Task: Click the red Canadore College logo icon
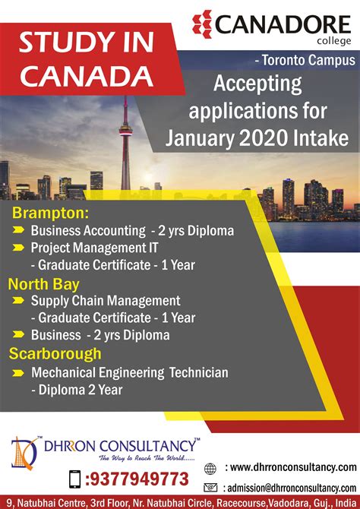click(202, 24)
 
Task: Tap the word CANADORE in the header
click(283, 24)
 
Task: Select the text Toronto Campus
click(308, 60)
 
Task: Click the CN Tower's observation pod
click(125, 130)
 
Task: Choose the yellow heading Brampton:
click(50, 213)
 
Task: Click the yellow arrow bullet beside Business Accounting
click(18, 230)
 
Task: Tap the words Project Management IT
click(94, 248)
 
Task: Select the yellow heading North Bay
click(44, 284)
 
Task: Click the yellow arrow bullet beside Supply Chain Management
click(18, 301)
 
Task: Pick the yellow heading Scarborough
click(55, 354)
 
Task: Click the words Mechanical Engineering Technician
click(130, 373)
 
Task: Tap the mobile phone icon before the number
click(75, 479)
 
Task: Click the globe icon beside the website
click(210, 469)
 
